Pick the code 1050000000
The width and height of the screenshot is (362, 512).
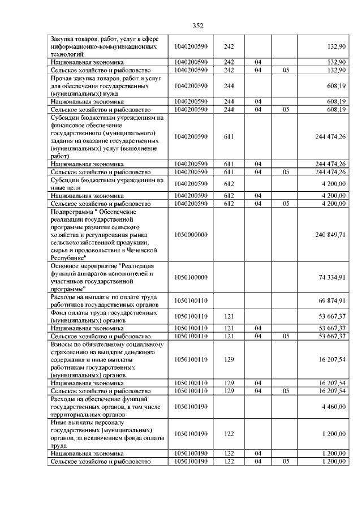point(191,234)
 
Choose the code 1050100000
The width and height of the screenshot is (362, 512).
point(191,277)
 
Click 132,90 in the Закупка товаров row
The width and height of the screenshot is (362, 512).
point(337,46)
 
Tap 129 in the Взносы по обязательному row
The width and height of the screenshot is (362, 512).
point(229,359)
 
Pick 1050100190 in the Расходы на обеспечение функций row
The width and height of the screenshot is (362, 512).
point(191,406)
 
